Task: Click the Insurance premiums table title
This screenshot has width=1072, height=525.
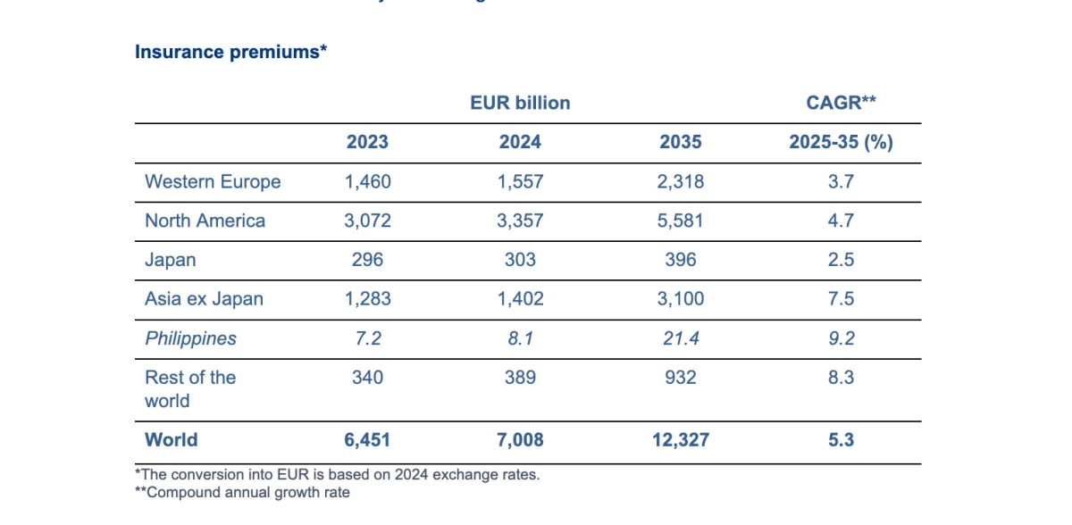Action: (x=230, y=52)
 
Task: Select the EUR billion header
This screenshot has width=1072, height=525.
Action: (x=520, y=103)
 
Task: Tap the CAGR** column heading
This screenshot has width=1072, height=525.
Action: (x=841, y=103)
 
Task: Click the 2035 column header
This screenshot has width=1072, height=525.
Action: (x=681, y=142)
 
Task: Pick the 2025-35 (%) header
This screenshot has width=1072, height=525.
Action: (x=841, y=142)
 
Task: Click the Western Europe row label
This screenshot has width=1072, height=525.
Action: (x=213, y=182)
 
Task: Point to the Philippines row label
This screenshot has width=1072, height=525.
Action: (x=191, y=338)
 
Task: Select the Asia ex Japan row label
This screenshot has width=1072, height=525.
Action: (x=204, y=299)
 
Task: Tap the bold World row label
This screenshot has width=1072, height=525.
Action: (x=172, y=439)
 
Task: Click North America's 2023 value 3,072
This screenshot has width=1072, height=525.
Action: (x=367, y=221)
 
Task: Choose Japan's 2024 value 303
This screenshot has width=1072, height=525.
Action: (x=520, y=260)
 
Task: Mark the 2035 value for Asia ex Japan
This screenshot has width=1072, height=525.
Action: (x=681, y=299)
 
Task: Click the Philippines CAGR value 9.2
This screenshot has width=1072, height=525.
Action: (x=841, y=338)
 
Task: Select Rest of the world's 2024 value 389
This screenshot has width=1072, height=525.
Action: (x=520, y=378)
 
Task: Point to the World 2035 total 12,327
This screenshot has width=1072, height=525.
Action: (x=681, y=439)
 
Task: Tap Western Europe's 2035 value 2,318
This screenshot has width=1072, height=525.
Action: (x=681, y=182)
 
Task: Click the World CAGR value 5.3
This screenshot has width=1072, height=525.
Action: (x=841, y=439)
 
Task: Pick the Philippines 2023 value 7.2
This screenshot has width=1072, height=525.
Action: (x=367, y=338)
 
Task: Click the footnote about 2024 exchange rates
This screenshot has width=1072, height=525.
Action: (x=337, y=475)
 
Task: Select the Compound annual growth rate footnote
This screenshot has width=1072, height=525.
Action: (x=242, y=492)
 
